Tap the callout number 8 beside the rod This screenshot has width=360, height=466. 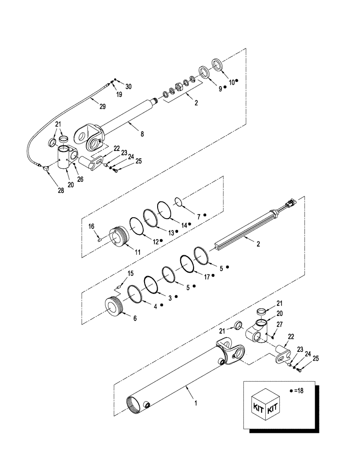point(142,134)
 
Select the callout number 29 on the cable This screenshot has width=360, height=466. point(103,106)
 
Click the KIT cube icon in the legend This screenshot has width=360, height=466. point(265,402)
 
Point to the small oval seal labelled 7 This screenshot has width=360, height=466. point(178,201)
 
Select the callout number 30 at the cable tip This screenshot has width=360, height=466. point(128,87)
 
